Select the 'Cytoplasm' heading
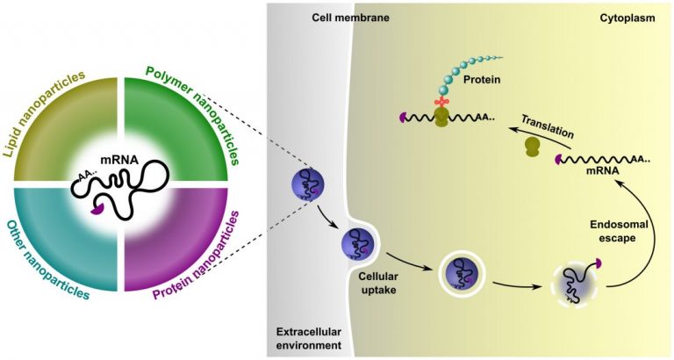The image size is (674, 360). tap(634, 18)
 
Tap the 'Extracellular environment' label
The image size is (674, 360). tap(308, 339)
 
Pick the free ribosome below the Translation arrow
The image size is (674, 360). tap(533, 147)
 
